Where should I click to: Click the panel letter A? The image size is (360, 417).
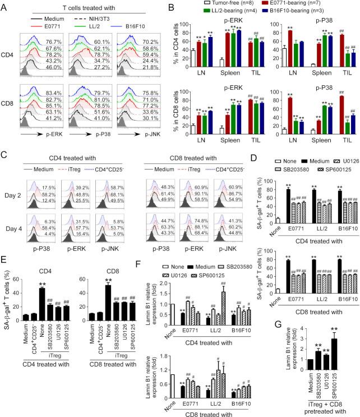5,6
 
